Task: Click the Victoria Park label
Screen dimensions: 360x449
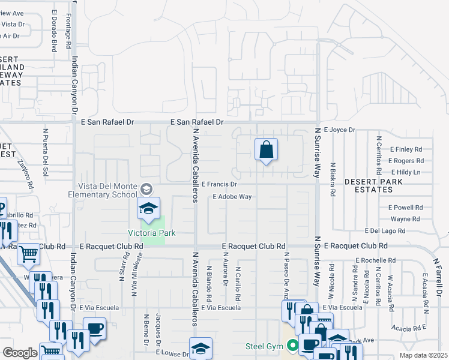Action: click(151, 233)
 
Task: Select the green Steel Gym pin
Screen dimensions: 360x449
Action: click(293, 346)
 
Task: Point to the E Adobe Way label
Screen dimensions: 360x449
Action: click(231, 196)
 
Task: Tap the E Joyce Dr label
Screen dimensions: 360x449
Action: click(339, 130)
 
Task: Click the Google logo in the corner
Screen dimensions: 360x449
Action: click(20, 353)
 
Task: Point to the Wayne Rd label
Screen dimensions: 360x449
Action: click(405, 219)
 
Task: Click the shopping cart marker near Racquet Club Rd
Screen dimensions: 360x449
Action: click(28, 255)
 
